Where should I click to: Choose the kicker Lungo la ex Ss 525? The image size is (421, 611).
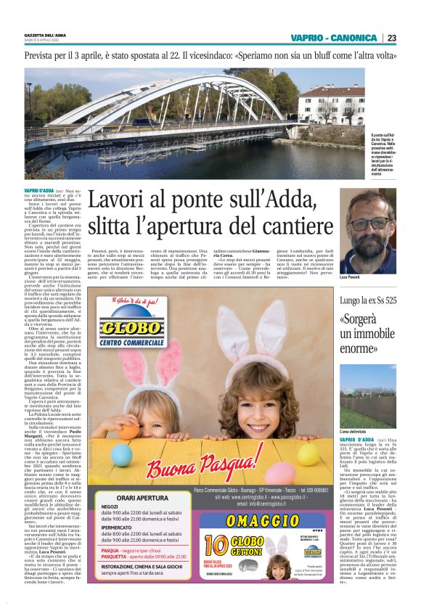click(368, 300)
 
